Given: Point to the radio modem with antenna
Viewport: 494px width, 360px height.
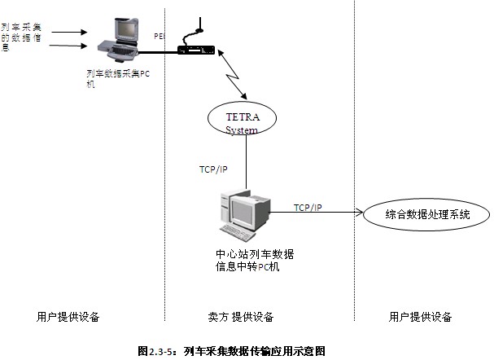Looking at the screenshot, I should [x=195, y=47].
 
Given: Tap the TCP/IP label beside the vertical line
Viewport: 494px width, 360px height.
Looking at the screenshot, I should [x=213, y=169].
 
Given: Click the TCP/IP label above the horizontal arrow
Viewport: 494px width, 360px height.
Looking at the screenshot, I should [x=308, y=208].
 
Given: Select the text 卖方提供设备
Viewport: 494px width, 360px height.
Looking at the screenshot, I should [x=241, y=317].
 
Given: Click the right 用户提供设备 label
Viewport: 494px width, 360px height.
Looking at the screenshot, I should [x=420, y=317].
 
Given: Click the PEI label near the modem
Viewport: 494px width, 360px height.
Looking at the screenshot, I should [x=159, y=37].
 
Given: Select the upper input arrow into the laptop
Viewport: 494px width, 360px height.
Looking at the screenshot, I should [x=68, y=33].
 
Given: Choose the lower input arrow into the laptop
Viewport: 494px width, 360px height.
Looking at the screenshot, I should [x=68, y=46].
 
